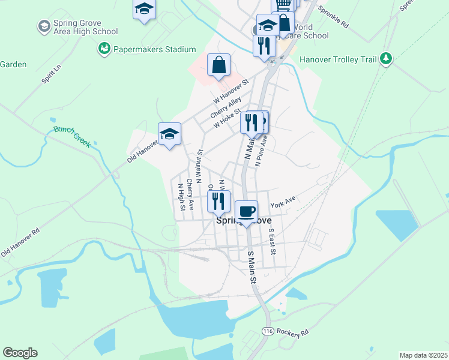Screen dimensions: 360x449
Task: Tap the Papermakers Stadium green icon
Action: [103, 47]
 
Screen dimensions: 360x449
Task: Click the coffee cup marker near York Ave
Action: [246, 212]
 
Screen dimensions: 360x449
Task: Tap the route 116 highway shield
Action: [267, 331]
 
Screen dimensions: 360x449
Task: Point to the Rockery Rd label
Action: [293, 332]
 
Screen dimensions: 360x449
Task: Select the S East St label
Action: [271, 241]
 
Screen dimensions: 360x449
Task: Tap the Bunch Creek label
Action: [71, 136]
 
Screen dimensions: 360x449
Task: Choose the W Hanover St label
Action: [229, 91]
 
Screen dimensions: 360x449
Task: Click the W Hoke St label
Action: [228, 118]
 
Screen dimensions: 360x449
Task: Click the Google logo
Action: [20, 353]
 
